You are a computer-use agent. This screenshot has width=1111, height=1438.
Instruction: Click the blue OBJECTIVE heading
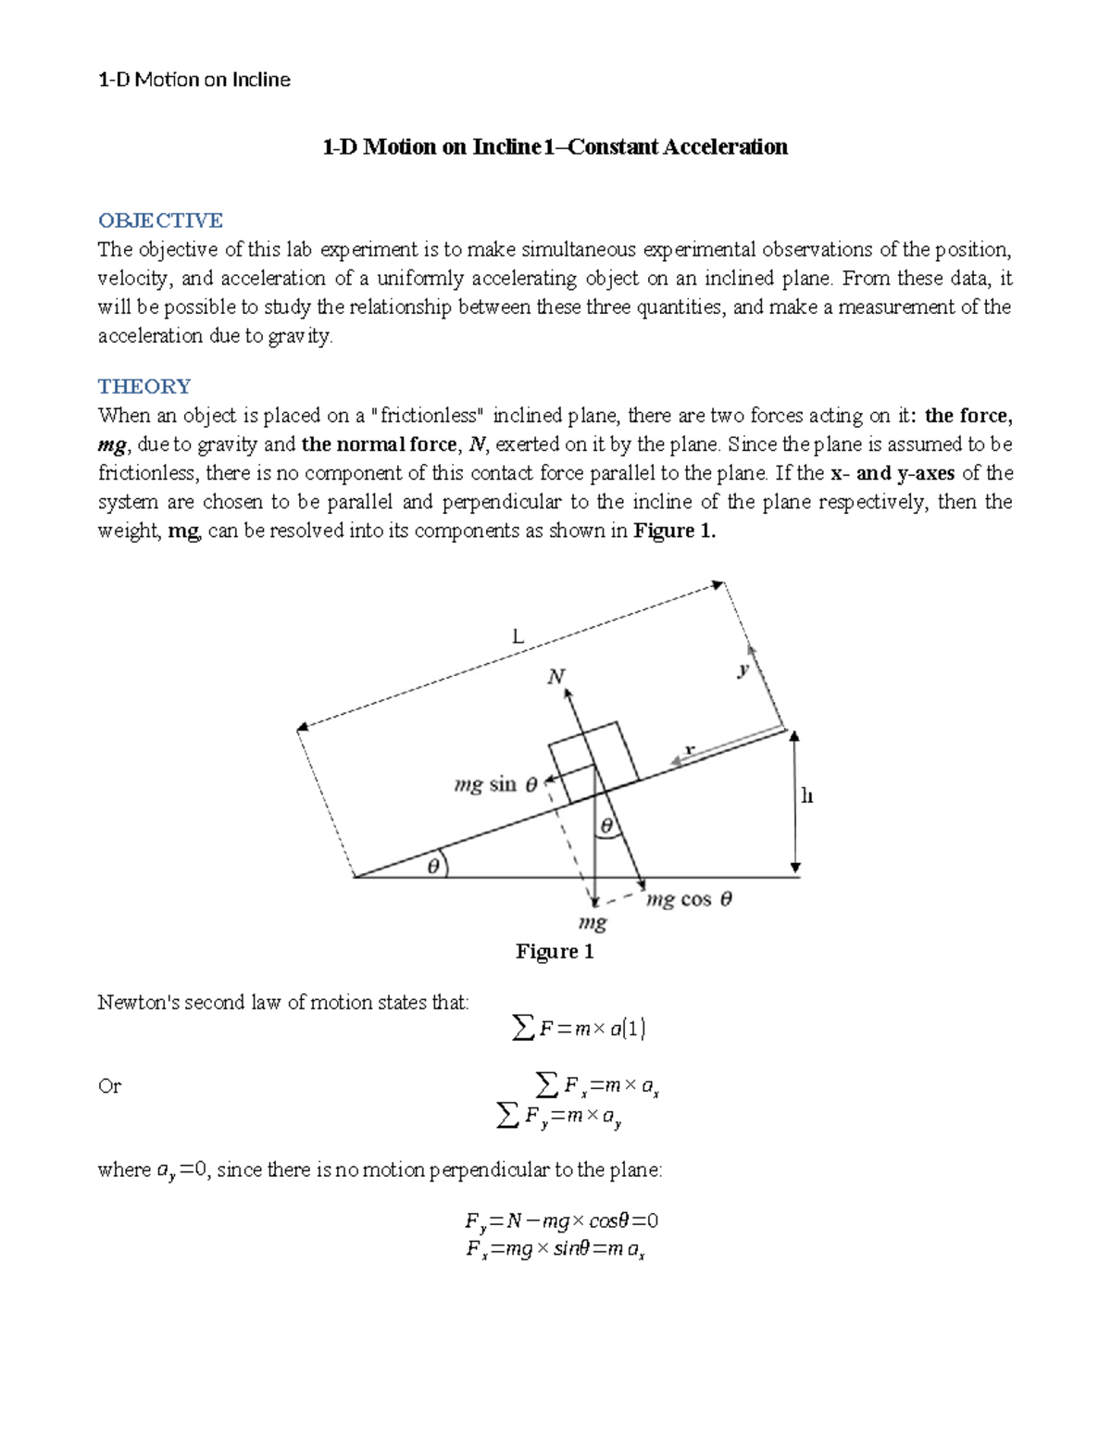tap(160, 220)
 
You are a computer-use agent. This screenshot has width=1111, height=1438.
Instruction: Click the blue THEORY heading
tap(144, 386)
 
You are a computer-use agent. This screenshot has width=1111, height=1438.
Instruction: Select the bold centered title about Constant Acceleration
tap(555, 146)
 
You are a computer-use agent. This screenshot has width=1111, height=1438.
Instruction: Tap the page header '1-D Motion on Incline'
tap(193, 80)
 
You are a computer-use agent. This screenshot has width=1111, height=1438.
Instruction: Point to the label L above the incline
tap(518, 636)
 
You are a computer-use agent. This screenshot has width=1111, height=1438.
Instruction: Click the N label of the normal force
tap(555, 677)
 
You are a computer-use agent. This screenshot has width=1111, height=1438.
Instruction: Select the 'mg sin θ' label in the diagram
tap(495, 785)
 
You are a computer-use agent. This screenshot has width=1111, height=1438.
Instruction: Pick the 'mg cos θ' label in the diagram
tap(689, 899)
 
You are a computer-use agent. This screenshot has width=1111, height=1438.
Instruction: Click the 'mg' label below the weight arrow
tap(592, 922)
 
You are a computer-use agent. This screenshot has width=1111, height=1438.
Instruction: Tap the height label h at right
tap(806, 796)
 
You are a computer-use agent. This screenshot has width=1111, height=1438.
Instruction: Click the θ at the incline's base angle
tap(433, 867)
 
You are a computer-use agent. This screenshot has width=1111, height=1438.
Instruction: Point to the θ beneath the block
tap(607, 825)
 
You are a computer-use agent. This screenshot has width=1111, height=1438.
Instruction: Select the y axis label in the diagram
tap(743, 669)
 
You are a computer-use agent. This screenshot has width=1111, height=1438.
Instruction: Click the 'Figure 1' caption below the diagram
tap(554, 952)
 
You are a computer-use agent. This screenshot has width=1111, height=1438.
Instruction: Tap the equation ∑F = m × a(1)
tap(579, 1028)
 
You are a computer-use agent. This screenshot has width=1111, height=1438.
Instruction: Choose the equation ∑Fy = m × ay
tap(559, 1117)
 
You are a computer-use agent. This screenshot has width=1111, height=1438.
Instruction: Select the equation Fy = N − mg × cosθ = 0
tap(561, 1221)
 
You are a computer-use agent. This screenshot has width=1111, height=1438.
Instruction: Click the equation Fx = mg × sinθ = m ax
tap(555, 1250)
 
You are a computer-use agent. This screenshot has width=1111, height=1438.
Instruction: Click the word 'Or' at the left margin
tap(109, 1086)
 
